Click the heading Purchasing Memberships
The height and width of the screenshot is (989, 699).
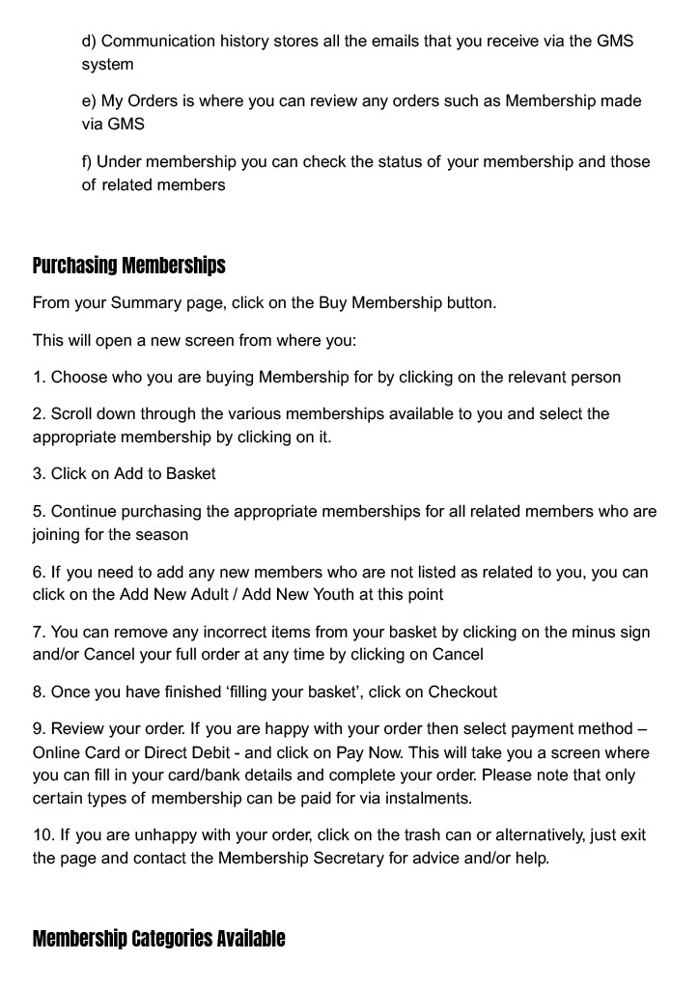pos(129,266)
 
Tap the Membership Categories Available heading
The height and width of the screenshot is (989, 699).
pos(159,939)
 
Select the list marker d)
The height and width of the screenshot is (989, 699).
pos(89,42)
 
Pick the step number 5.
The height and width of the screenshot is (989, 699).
pos(40,511)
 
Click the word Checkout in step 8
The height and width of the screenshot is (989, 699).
pos(462,692)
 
